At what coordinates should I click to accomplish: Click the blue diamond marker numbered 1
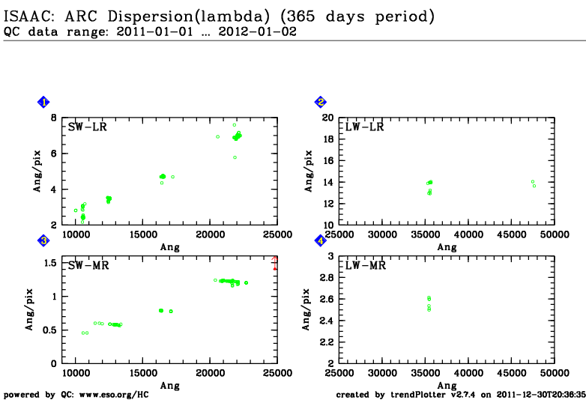(x=44, y=103)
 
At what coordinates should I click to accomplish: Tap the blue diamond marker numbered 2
(x=321, y=103)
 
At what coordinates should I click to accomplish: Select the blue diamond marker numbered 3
(x=44, y=240)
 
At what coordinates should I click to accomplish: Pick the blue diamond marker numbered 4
(x=321, y=240)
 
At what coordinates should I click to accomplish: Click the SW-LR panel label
(x=88, y=127)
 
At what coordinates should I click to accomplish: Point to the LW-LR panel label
(x=364, y=127)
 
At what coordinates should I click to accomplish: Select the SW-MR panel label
(x=88, y=265)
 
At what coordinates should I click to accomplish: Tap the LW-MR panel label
(x=364, y=265)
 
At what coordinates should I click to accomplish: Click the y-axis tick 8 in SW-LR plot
(x=53, y=118)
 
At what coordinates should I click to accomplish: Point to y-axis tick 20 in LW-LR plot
(x=327, y=118)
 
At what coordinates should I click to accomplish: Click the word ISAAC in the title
(x=28, y=16)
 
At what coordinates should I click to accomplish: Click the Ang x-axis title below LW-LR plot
(x=447, y=247)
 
